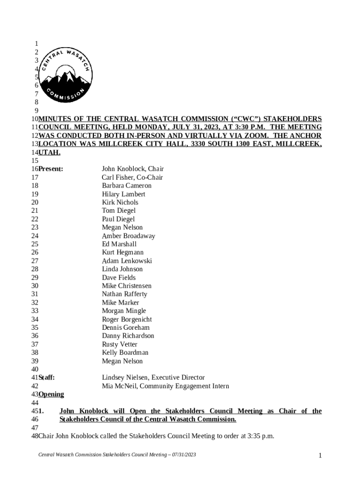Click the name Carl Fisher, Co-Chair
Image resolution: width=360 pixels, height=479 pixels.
click(x=132, y=177)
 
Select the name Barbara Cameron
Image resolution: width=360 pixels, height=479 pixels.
click(x=127, y=186)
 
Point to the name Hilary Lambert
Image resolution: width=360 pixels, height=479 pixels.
click(x=123, y=194)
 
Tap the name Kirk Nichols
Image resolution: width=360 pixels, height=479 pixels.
click(x=120, y=203)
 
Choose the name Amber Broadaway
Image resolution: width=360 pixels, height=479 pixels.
click(x=129, y=236)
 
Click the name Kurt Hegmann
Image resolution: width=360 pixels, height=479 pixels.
click(x=122, y=253)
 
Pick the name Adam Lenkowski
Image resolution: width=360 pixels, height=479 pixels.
click(x=127, y=261)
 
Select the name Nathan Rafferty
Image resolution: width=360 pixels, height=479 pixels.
click(x=124, y=294)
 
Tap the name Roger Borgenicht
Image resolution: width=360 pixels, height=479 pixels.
click(x=127, y=319)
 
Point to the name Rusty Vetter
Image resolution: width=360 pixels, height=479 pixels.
click(x=120, y=344)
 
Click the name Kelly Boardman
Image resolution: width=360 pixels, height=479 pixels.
click(x=125, y=353)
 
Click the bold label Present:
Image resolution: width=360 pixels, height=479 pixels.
click(x=50, y=169)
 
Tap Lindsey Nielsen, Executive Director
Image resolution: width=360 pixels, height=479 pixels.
click(x=153, y=377)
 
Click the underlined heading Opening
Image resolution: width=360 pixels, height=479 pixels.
click(x=51, y=394)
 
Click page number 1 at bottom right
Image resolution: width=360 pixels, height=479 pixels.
click(x=320, y=455)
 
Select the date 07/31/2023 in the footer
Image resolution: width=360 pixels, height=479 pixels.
click(x=184, y=455)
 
